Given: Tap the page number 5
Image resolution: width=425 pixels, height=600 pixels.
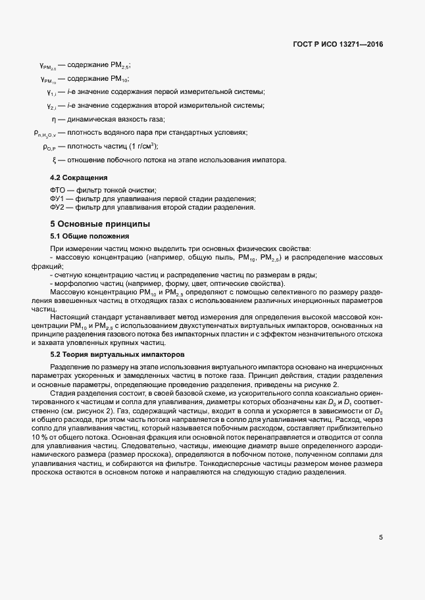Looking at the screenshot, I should click(x=381, y=537).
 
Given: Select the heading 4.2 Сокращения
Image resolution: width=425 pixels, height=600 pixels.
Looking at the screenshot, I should click(x=79, y=178).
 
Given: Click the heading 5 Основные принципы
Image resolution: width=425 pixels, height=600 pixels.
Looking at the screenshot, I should click(x=101, y=223).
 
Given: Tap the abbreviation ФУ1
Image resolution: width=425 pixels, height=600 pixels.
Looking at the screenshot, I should click(x=58, y=199).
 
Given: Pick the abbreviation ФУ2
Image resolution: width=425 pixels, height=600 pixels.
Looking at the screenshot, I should click(x=58, y=208).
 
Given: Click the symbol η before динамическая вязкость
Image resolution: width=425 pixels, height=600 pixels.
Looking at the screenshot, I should click(x=53, y=119).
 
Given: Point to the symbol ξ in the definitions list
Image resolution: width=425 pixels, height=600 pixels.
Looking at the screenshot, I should click(x=53, y=160).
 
